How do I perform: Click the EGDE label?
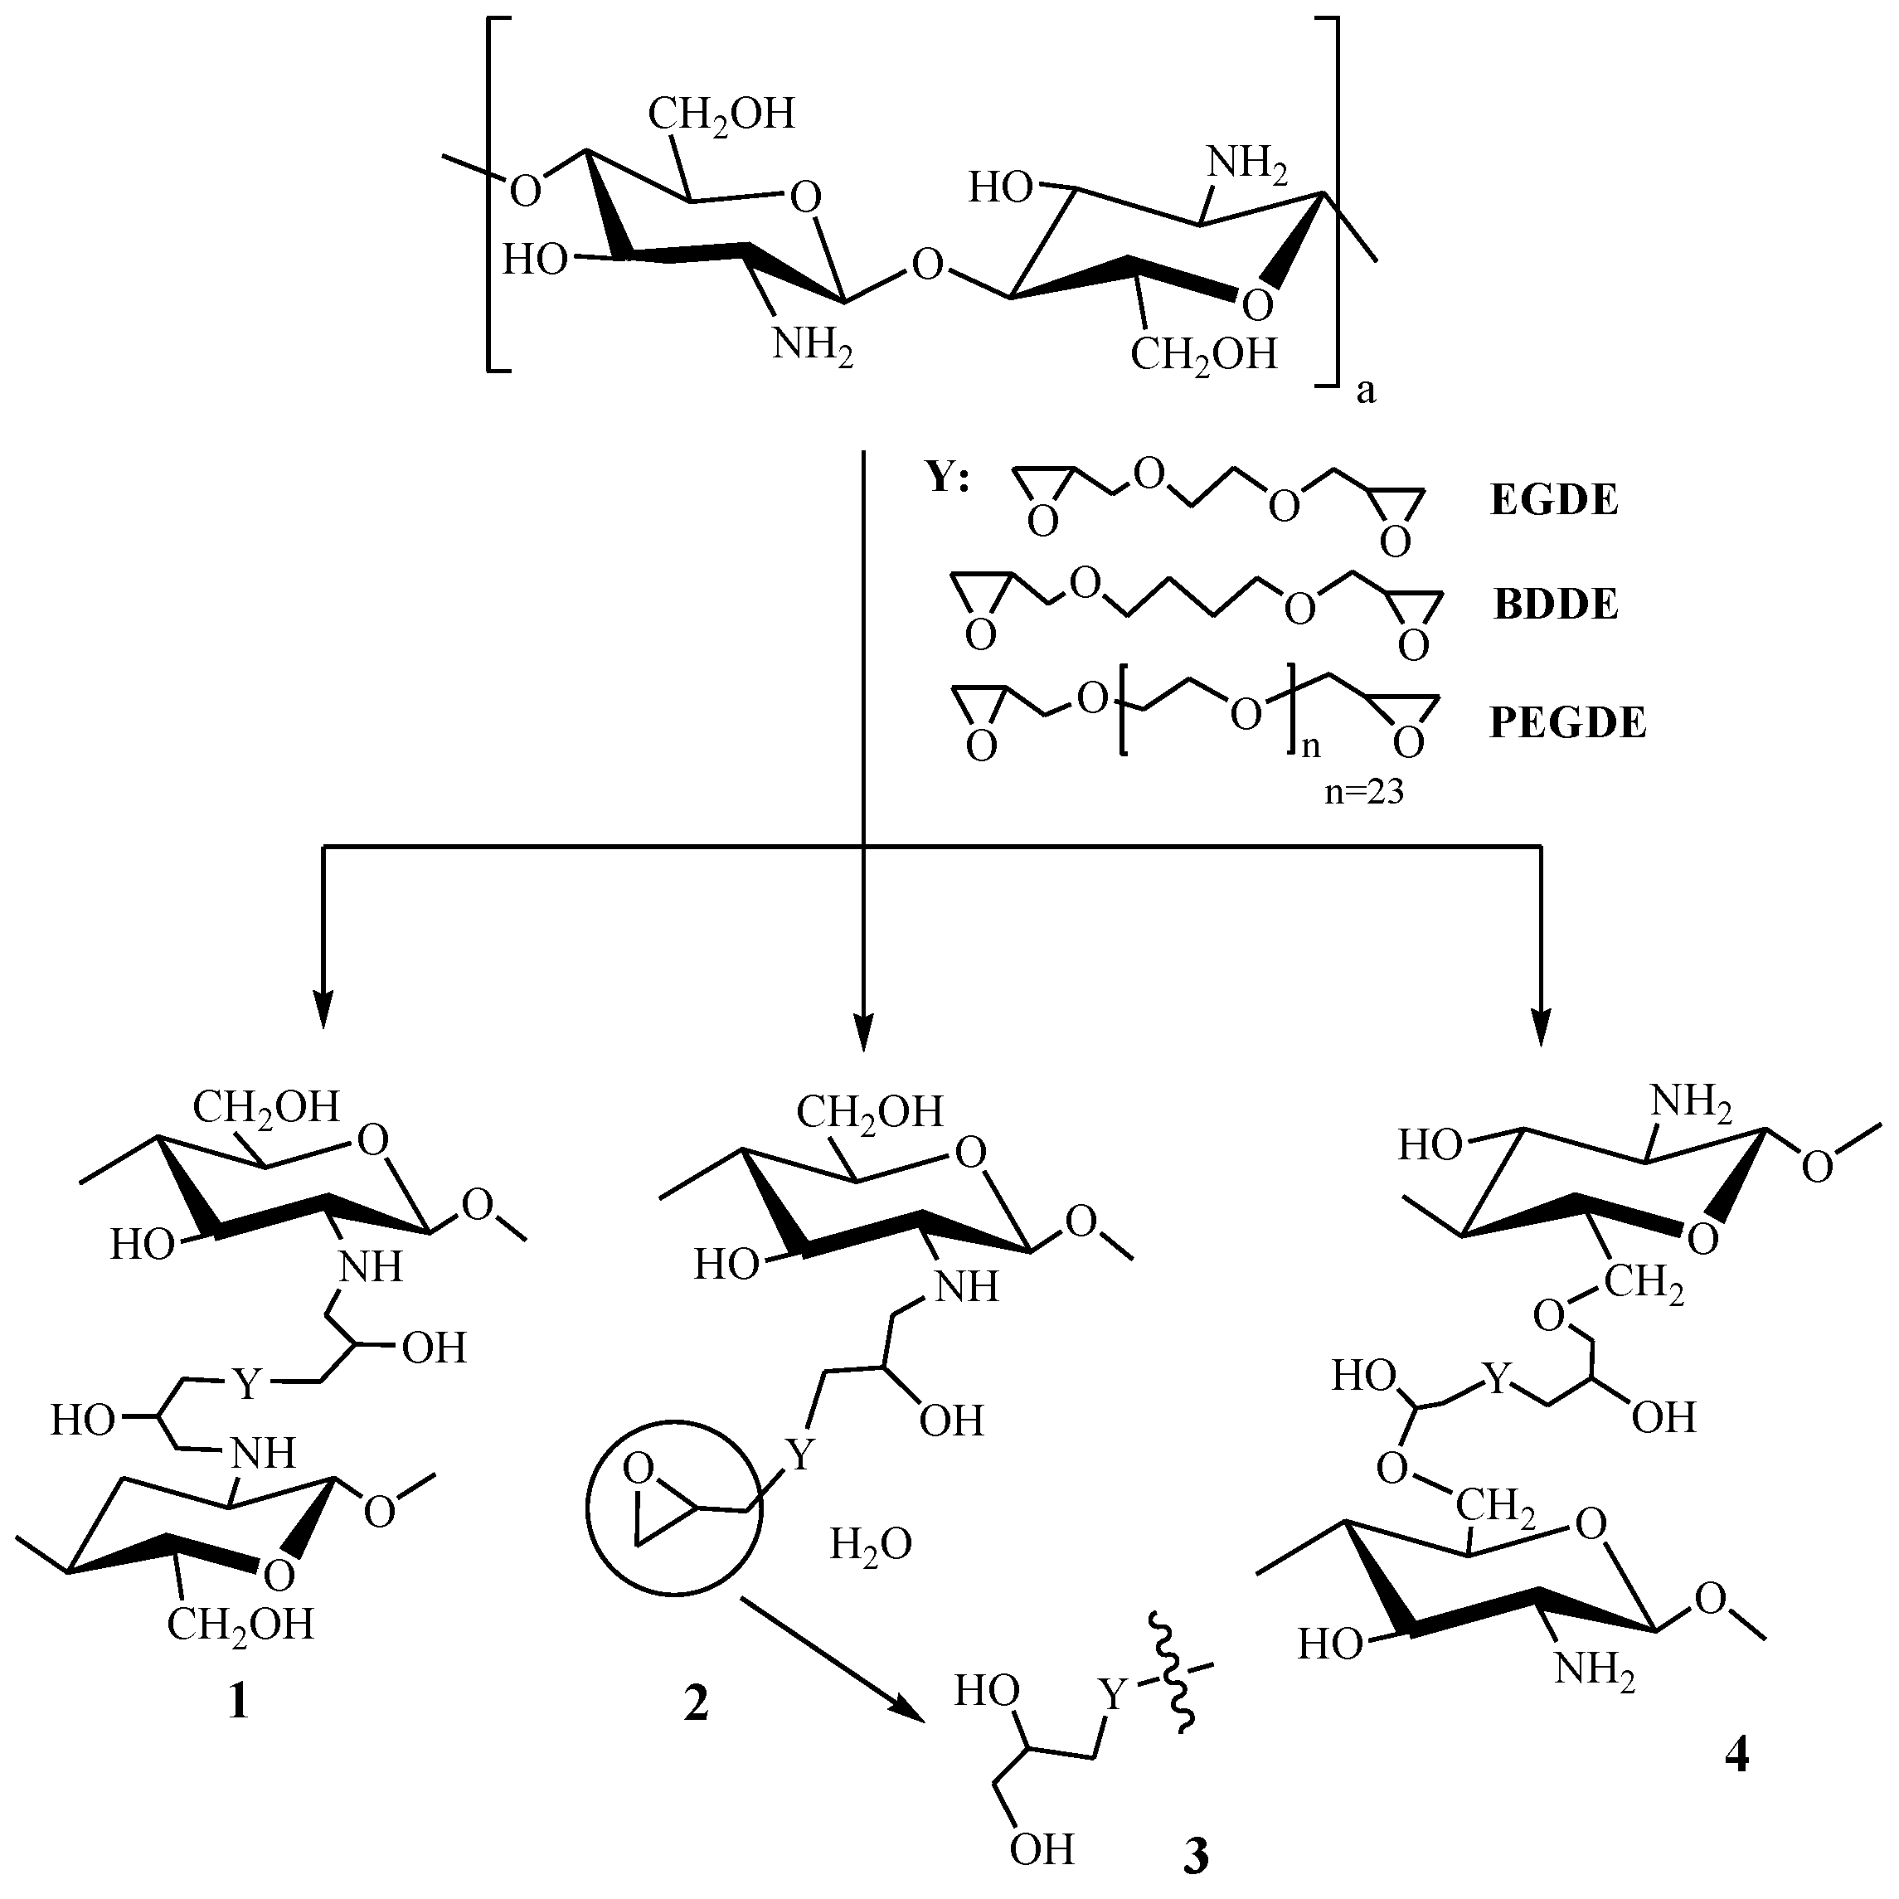(x=1554, y=502)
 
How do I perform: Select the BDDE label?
(x=1556, y=605)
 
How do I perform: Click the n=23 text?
(x=1363, y=792)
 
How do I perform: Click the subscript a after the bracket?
(x=1367, y=392)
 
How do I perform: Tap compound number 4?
(x=1736, y=1781)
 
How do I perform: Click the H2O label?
(x=871, y=1544)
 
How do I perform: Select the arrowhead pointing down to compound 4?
(x=1539, y=1032)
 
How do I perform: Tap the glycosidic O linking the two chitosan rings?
(x=927, y=264)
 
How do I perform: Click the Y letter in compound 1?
(x=247, y=1384)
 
